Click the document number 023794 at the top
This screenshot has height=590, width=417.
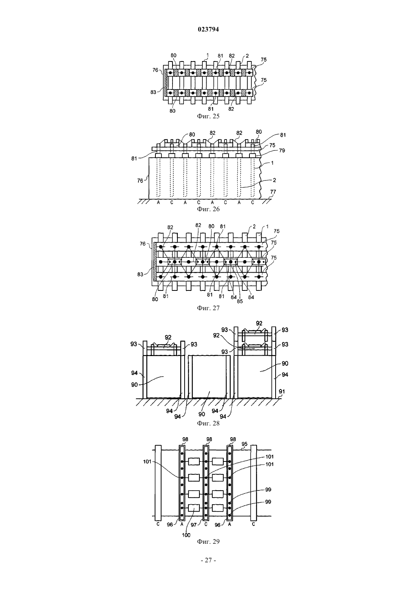pos(208,30)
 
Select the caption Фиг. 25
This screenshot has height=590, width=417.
pos(208,116)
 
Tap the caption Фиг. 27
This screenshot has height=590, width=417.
pos(208,308)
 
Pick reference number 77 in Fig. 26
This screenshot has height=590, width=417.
pos(273,192)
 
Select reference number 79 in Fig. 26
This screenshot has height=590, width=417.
pos(282,151)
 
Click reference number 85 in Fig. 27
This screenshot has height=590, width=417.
pos(240,301)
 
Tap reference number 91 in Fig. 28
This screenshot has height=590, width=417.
pos(282,392)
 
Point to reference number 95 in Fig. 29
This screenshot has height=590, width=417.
pos(245,444)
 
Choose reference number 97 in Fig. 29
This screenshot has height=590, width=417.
pos(194,525)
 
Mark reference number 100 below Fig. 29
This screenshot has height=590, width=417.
pos(186,535)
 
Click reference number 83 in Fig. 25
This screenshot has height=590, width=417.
pos(153,92)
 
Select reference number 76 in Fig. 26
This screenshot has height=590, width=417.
pos(140,180)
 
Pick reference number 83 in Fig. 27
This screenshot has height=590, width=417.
pos(140,274)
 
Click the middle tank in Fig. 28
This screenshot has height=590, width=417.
pos(209,377)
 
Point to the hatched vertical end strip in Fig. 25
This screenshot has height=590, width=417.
pos(166,83)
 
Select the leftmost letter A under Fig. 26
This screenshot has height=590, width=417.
pos(158,202)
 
